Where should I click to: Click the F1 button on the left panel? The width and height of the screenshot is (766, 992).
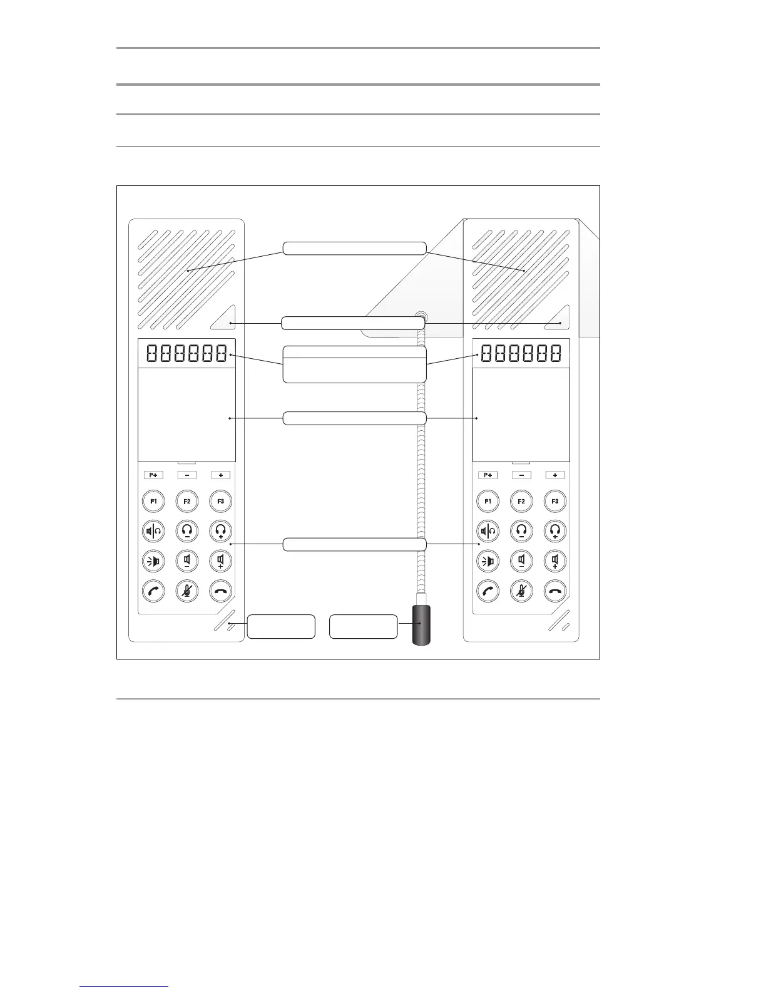[153, 501]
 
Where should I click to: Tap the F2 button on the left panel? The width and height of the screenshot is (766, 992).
[187, 501]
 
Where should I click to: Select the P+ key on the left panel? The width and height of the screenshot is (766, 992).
[153, 475]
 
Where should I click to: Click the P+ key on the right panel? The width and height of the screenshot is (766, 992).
[488, 475]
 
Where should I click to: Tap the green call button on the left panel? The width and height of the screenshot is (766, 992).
[153, 590]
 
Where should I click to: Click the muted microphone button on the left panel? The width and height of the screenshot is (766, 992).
[187, 590]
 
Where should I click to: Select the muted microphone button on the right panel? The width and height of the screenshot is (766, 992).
[522, 590]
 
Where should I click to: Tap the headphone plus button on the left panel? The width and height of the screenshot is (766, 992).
[221, 531]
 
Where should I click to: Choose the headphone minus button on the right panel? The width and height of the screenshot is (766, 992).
[522, 531]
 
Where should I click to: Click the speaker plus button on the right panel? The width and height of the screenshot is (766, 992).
[555, 561]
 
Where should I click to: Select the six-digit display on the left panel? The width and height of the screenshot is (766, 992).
[186, 354]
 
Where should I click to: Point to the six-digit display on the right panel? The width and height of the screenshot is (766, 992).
[521, 354]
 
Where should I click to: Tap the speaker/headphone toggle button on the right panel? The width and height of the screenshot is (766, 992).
[488, 531]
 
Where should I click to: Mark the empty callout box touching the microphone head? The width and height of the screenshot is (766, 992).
[363, 626]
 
